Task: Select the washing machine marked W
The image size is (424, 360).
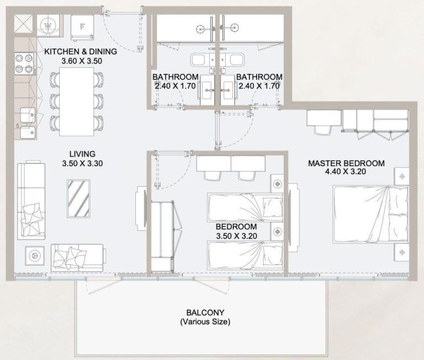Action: pos(47,25)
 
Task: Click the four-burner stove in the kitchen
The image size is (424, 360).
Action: pos(24,63)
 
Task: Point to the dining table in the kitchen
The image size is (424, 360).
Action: pos(76,103)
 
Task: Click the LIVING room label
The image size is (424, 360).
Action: pos(82,153)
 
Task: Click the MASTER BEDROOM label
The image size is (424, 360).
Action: pos(346,163)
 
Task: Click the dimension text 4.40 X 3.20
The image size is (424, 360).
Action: pos(346,172)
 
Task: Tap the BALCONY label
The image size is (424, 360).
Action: pos(205,312)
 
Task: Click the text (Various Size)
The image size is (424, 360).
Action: pos(205,321)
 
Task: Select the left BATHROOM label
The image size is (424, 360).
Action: pos(176,77)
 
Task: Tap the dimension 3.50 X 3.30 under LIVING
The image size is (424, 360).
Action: pos(82,163)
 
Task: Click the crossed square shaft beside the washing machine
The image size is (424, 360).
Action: pos(24,24)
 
